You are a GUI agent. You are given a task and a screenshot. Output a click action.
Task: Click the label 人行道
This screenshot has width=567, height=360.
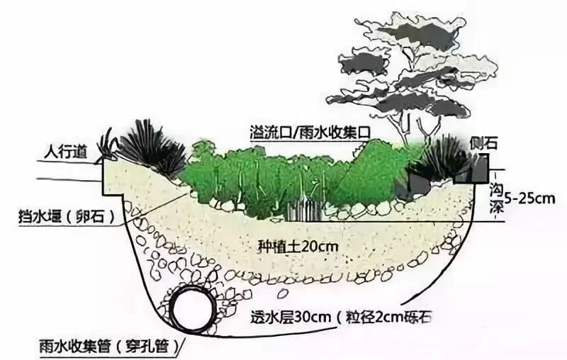(x=65, y=152)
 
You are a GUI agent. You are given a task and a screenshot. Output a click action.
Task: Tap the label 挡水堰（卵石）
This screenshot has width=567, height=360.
(x=67, y=217)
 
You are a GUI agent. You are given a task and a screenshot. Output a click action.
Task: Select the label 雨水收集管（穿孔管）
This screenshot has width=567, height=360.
(x=110, y=347)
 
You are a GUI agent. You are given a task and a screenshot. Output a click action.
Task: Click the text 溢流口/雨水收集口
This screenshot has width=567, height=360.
(x=310, y=133)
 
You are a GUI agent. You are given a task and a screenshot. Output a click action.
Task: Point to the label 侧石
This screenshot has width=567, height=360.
(x=484, y=143)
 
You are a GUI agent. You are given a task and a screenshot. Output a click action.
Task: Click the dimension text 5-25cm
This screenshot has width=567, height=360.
(x=529, y=198)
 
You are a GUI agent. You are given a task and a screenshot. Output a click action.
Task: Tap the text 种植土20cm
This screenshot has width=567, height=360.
(x=298, y=247)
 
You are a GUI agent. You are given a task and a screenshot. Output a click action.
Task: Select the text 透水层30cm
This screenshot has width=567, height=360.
(x=291, y=317)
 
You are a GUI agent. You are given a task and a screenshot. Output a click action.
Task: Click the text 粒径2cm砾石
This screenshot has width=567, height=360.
(x=389, y=317)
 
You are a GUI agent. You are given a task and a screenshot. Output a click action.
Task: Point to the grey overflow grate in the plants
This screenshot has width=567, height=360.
(x=305, y=210)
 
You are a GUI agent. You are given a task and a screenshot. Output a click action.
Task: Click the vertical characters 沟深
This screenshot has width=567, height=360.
(x=495, y=198)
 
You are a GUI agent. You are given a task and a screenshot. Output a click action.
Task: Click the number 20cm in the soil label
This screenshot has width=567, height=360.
(x=320, y=247)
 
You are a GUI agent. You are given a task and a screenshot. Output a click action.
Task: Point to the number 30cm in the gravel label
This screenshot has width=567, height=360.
(x=313, y=317)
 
